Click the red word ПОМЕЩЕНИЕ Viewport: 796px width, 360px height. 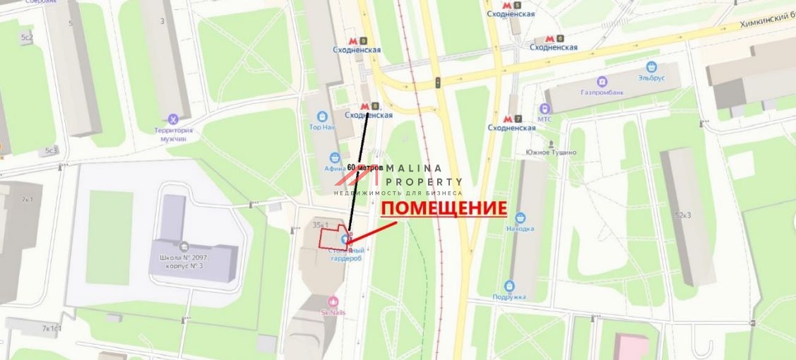(444, 208)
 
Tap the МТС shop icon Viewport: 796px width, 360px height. (545, 109)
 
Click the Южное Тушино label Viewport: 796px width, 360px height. (551, 152)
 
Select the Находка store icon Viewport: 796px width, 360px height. (521, 218)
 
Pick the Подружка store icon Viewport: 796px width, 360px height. (509, 286)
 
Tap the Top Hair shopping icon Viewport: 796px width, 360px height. (323, 116)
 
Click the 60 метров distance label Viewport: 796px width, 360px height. (365, 168)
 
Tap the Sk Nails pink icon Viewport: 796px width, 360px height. (333, 301)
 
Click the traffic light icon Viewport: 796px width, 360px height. (438, 83)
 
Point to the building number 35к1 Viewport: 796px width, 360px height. (321, 224)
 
